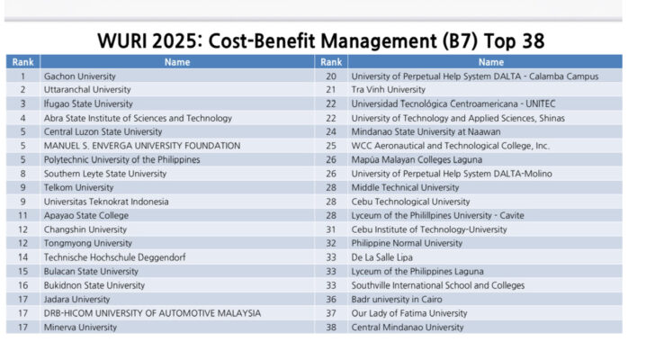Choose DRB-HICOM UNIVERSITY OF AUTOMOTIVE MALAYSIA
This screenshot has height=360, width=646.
tap(152, 313)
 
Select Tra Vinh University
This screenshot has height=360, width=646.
tap(388, 90)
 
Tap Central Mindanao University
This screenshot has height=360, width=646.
tap(407, 327)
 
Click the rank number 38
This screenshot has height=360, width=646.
tap(330, 327)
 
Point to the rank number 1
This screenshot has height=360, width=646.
tap(22, 76)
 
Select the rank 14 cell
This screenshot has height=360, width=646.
tap(22, 257)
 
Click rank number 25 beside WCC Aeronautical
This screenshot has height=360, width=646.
tap(330, 146)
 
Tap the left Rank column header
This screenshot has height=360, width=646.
tap(22, 62)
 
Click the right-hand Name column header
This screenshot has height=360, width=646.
tap(490, 62)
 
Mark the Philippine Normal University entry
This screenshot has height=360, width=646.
tap(406, 243)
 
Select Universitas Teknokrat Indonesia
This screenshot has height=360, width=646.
tap(106, 202)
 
